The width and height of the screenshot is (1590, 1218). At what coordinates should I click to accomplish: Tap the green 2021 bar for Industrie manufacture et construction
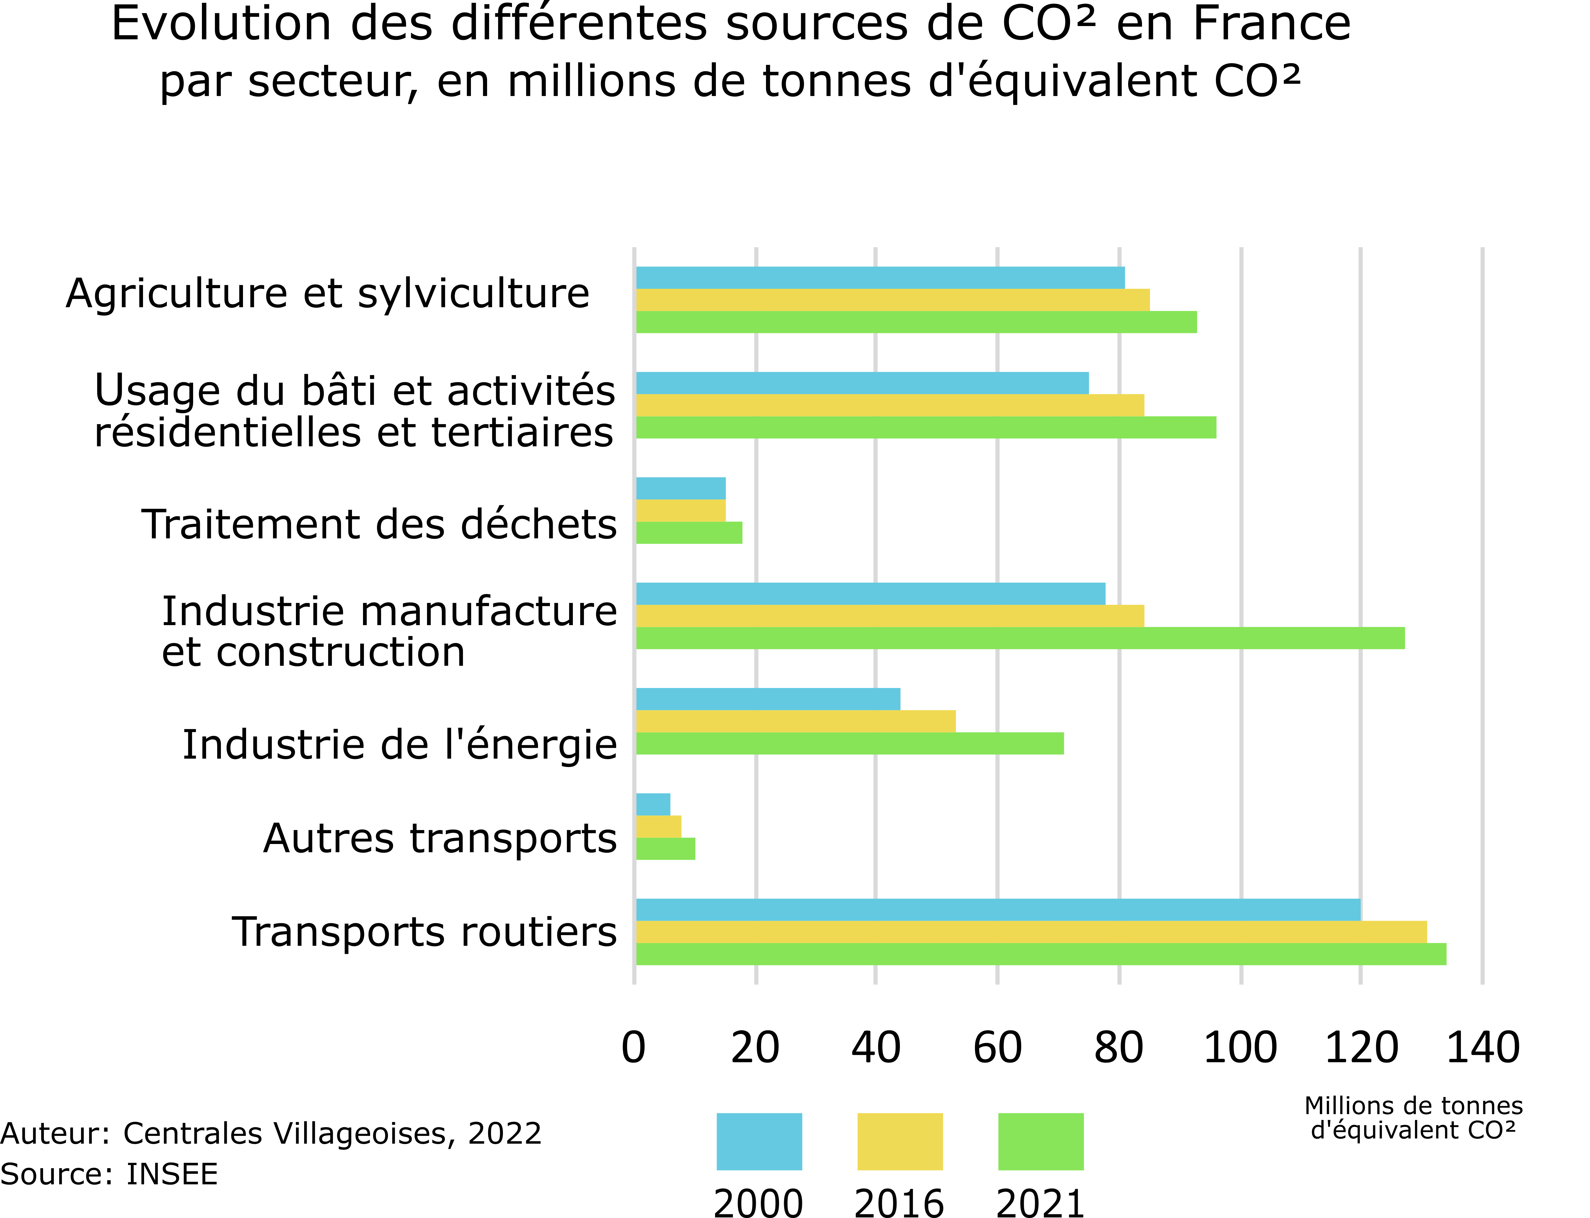1019,638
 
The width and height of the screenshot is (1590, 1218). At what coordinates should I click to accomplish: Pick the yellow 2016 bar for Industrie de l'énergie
795,721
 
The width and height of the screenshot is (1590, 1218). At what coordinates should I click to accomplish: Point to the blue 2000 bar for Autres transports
652,804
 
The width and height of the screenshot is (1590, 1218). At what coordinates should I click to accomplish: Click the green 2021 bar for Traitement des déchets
689,533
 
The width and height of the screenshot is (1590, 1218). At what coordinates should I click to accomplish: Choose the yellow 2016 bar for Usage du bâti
890,405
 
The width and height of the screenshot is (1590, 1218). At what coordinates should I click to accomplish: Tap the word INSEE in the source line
172,1174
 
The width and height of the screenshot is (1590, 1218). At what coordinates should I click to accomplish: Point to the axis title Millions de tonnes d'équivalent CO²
1413,1118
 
